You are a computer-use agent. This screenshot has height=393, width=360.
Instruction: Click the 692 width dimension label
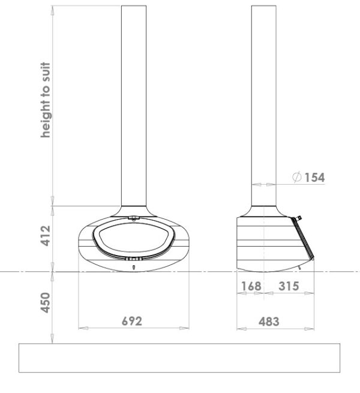132,321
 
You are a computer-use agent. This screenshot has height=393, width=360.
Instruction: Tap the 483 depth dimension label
269,322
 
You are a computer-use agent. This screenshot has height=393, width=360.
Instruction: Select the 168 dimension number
251,286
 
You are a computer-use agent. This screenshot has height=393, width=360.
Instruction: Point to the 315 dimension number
289,286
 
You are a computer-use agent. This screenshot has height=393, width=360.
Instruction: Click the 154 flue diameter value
314,178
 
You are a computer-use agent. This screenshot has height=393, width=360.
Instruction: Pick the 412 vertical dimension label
46,236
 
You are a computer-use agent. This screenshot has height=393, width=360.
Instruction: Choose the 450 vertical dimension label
46,302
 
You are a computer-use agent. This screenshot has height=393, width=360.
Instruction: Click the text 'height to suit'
46,100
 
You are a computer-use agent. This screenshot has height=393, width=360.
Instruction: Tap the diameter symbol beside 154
297,177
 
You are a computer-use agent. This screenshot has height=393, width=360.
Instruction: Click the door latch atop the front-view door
134,218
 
